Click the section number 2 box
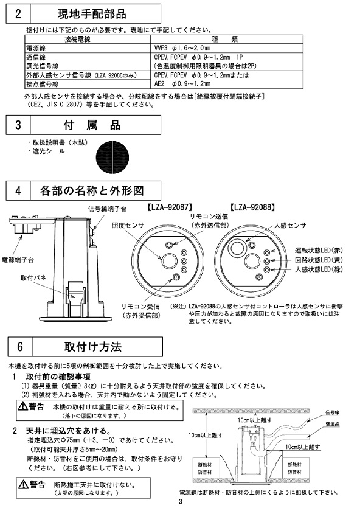(18, 13)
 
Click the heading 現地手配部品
(92, 13)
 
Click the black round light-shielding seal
(112, 158)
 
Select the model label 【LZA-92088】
(251, 207)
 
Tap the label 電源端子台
(18, 260)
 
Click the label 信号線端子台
(107, 209)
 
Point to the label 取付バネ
(33, 277)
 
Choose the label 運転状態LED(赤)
(319, 251)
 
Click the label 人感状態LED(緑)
(319, 269)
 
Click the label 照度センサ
(128, 226)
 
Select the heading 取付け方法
(93, 347)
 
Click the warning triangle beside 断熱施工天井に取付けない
(23, 485)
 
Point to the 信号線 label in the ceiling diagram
(333, 413)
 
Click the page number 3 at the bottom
(181, 501)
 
